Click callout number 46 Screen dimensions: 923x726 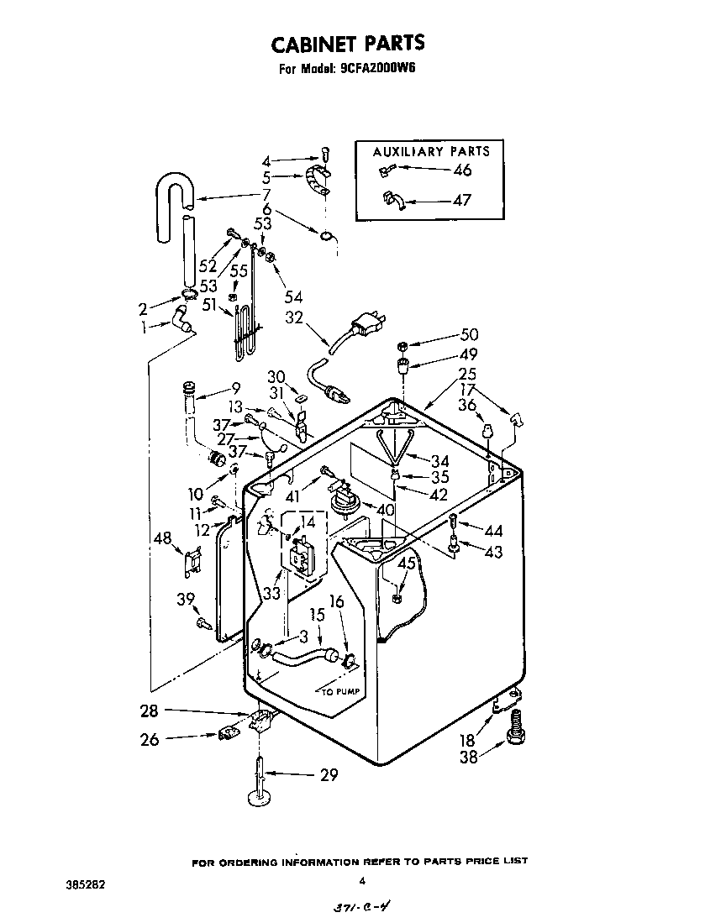(461, 170)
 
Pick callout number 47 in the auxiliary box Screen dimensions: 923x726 (461, 201)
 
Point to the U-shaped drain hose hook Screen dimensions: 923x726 (173, 190)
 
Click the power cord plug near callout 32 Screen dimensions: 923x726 (366, 324)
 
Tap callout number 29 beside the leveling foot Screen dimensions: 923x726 (329, 774)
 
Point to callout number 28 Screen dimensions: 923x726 (149, 711)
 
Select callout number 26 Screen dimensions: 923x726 (149, 739)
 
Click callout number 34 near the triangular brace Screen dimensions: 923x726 (439, 460)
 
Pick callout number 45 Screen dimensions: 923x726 (406, 564)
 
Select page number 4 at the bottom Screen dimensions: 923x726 (361, 881)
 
